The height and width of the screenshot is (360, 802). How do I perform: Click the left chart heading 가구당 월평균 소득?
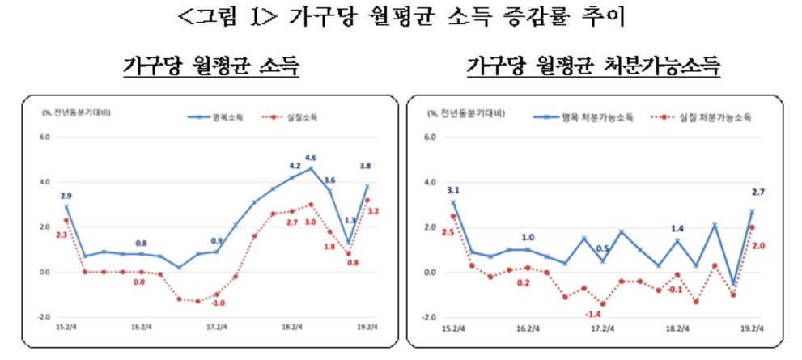click(x=211, y=66)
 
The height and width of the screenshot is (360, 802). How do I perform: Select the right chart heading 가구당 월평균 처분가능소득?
click(x=593, y=66)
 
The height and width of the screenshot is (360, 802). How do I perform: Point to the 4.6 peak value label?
click(x=310, y=157)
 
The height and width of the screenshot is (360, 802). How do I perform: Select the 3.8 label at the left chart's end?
click(x=365, y=167)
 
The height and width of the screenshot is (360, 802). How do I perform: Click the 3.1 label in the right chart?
click(x=452, y=191)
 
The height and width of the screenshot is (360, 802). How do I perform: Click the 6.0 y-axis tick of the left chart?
click(x=44, y=137)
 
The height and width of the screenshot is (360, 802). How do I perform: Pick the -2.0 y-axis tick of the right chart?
click(x=430, y=317)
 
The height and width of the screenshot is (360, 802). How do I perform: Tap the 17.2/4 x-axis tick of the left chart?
click(x=216, y=328)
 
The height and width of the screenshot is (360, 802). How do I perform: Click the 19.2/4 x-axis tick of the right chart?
click(x=752, y=328)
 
